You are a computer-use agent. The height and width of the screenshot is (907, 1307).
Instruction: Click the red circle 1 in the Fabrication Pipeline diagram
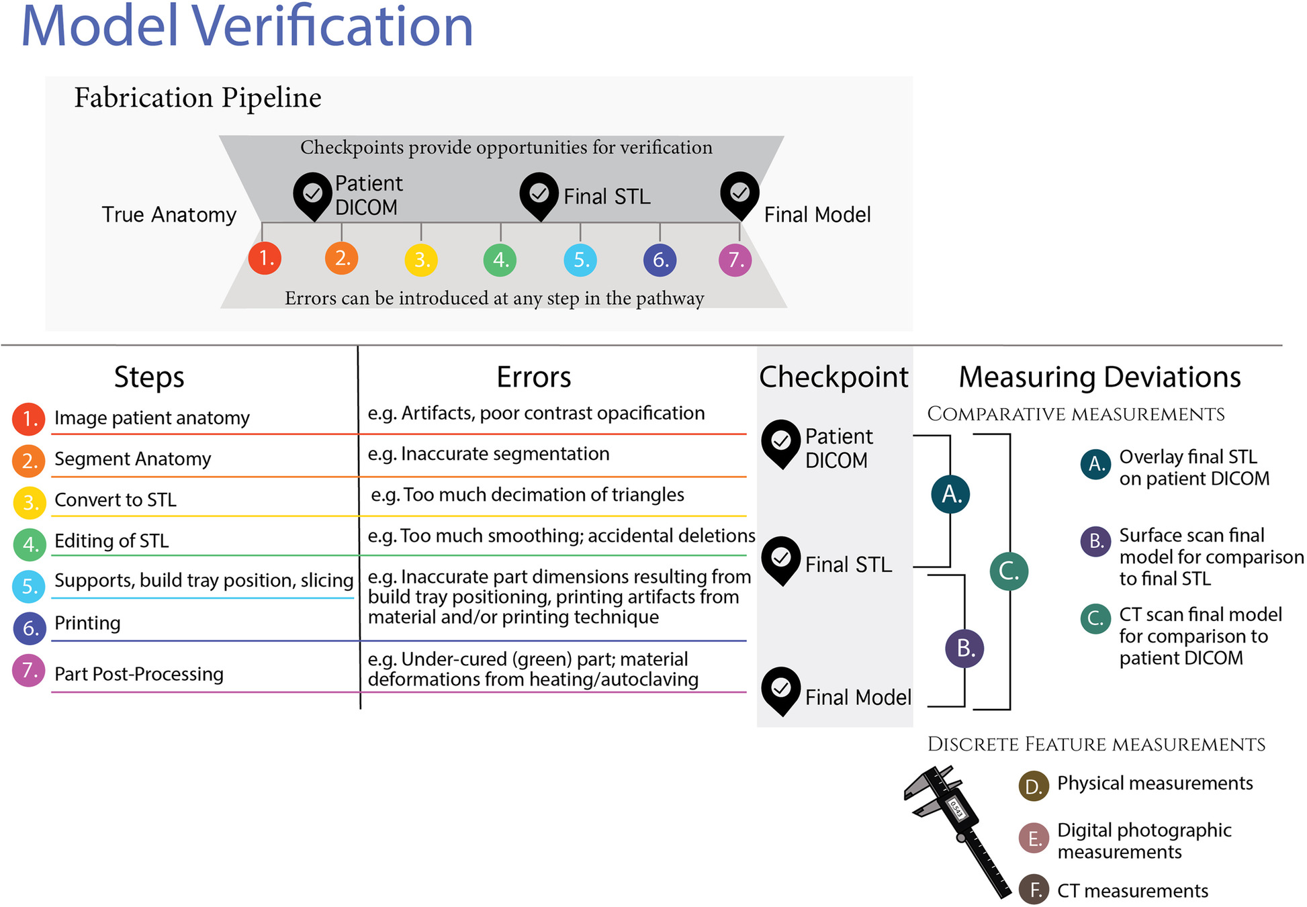[265, 258]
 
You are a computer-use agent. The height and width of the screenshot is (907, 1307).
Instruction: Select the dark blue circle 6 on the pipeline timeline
[660, 260]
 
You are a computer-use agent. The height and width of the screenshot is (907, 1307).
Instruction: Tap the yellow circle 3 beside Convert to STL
[30, 502]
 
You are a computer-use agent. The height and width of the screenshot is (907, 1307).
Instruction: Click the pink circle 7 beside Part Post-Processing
[29, 671]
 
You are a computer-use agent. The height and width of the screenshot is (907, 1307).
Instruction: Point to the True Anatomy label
[169, 215]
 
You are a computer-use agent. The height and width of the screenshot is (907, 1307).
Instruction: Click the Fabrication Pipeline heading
[197, 98]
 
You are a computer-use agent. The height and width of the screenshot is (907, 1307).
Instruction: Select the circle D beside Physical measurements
[1034, 785]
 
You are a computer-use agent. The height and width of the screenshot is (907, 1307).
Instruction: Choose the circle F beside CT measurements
[1034, 890]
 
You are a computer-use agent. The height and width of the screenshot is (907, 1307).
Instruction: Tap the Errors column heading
[533, 377]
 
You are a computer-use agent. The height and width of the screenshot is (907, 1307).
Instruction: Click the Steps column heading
[148, 377]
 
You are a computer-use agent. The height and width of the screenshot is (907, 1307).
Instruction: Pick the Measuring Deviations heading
[1099, 377]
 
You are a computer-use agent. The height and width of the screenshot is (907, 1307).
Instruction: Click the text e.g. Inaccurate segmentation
[488, 455]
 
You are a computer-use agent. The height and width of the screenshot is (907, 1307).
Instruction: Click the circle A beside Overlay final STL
[1095, 464]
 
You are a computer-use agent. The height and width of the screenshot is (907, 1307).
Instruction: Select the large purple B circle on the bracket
[964, 648]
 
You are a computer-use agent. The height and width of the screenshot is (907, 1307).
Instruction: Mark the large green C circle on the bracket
[1009, 571]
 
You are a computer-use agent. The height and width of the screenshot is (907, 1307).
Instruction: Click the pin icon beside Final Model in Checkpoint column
[781, 690]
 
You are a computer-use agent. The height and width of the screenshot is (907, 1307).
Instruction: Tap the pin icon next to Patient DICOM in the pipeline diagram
[312, 195]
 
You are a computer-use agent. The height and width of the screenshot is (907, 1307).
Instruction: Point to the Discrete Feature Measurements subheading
[1096, 745]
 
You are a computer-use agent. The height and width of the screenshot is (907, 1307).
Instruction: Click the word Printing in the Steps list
[87, 624]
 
